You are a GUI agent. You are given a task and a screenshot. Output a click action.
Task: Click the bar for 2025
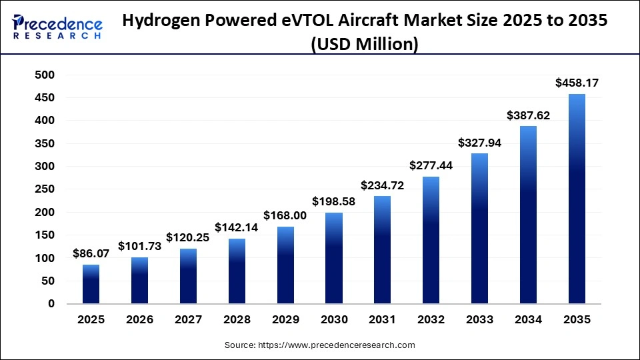tap(91, 284)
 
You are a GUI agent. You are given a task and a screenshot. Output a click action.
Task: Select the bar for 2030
tap(334, 258)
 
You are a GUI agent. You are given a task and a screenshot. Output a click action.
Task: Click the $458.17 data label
tap(577, 83)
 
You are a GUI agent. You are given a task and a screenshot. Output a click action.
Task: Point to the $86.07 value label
tap(91, 254)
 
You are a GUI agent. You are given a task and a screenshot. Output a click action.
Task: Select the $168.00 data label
tap(285, 215)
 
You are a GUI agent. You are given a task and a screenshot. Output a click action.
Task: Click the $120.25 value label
tap(188, 237)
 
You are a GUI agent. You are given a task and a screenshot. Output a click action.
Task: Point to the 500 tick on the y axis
tap(45, 75)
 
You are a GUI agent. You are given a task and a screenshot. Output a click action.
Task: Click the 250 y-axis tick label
tap(45, 189)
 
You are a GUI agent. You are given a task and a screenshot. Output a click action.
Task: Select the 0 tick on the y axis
tap(51, 304)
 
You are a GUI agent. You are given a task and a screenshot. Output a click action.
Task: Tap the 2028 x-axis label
tap(237, 320)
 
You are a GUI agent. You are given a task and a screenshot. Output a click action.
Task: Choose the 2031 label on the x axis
tap(383, 320)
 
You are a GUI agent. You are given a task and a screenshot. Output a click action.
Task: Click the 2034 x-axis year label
tap(528, 320)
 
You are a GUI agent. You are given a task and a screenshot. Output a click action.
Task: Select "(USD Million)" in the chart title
tap(365, 45)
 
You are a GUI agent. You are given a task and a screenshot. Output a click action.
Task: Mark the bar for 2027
tap(188, 276)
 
